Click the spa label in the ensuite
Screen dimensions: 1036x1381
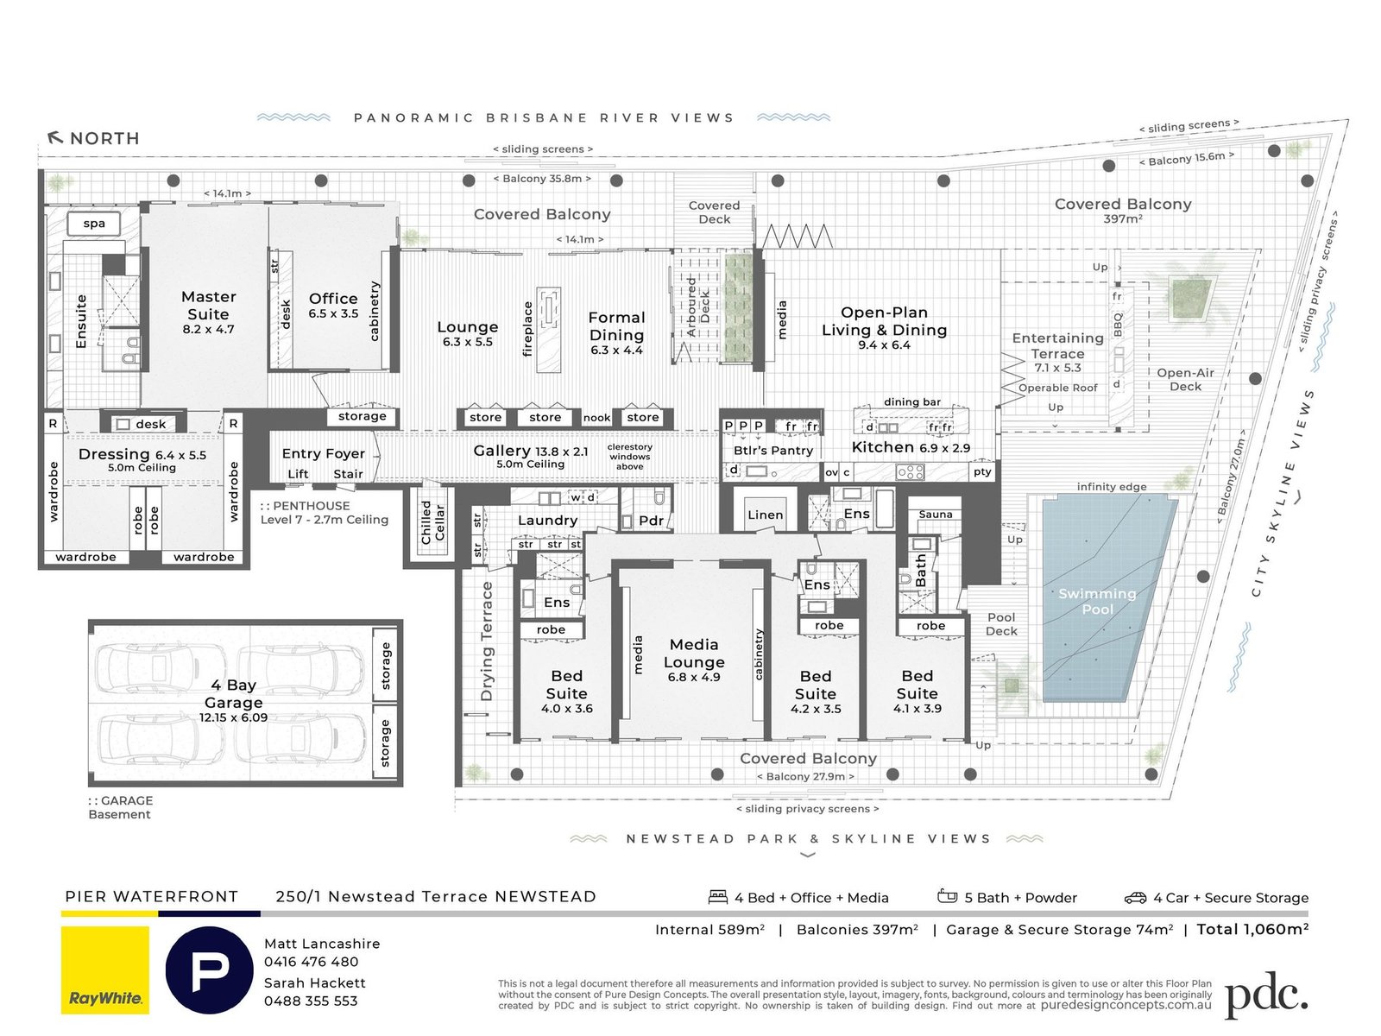pos(94,224)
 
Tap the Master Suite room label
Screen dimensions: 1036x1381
pos(208,306)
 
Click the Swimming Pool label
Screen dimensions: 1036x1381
pos(1097,601)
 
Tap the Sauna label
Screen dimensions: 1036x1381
pos(936,515)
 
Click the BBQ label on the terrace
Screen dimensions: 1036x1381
pos(1118,325)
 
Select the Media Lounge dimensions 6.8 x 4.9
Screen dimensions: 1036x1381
pos(694,678)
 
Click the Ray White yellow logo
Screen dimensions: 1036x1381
pos(105,970)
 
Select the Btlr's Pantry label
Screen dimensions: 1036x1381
pos(773,450)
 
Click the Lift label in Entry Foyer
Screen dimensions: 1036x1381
pos(298,474)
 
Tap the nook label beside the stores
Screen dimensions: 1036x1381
pos(596,418)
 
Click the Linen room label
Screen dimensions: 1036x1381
pos(766,515)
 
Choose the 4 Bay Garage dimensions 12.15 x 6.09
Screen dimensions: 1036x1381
pos(233,717)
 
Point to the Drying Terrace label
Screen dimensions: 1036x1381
pos(487,640)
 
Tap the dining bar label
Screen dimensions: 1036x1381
pos(912,402)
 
